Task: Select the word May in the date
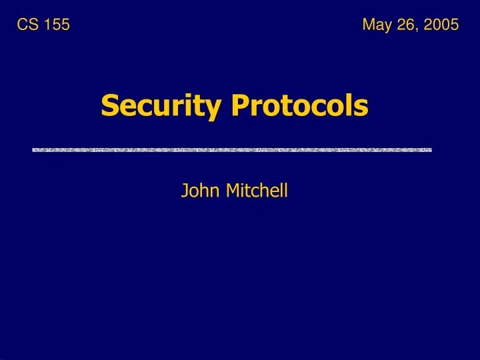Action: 376,25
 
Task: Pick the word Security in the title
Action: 160,106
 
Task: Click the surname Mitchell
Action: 257,191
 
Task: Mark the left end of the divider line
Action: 34,150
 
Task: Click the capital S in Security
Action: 109,105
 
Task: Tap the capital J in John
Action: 184,191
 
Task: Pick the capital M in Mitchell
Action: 231,191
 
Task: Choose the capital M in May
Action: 369,25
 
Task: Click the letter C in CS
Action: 22,25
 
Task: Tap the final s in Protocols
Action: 362,107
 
